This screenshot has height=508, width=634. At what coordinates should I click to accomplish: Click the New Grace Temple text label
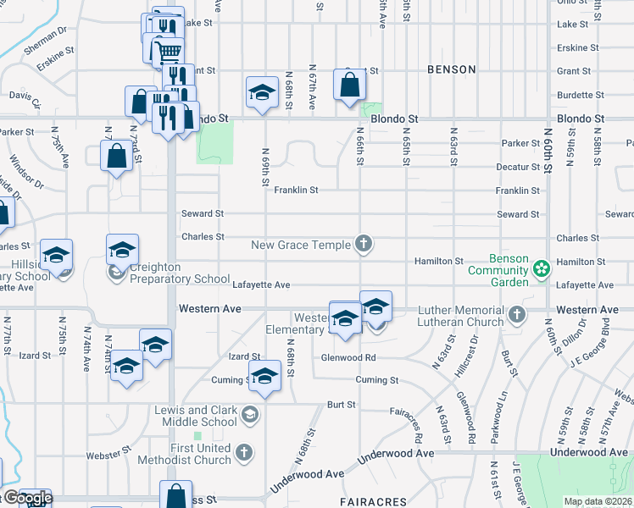point(301,245)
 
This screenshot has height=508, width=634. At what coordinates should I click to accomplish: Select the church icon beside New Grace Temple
point(364,245)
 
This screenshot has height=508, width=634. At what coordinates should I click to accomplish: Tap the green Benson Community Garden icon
point(542,269)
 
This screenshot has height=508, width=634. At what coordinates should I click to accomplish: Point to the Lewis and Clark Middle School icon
point(249,414)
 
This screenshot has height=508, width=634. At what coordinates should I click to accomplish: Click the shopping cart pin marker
point(170,51)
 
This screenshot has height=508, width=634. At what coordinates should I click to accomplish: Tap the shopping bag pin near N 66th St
point(349,86)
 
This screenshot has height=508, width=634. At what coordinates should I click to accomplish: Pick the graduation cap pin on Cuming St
point(264,376)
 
